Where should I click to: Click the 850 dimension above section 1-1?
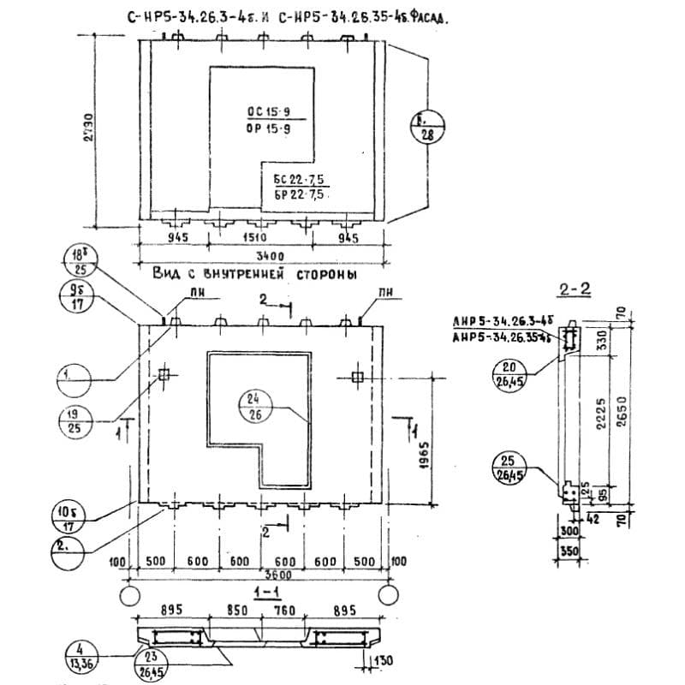pyautogui.click(x=238, y=611)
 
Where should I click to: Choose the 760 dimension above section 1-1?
pyautogui.click(x=286, y=611)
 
